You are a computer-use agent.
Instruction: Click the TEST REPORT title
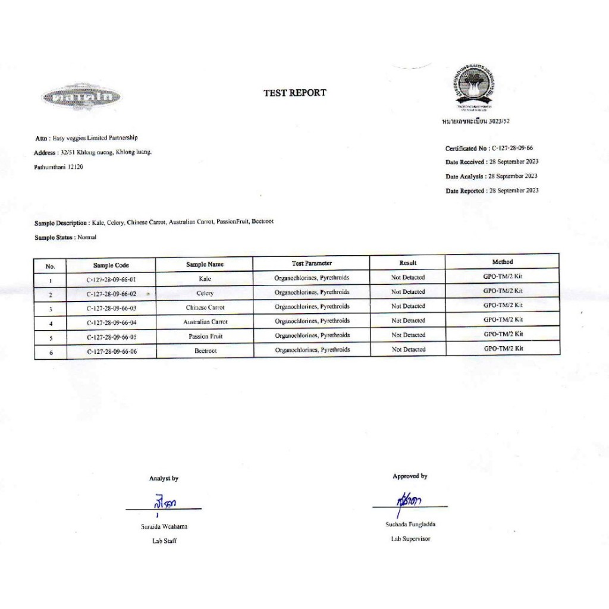click(295, 93)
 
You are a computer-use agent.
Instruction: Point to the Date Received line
click(492, 162)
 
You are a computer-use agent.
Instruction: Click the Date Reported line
click(492, 190)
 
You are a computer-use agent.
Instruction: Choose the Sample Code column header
click(111, 265)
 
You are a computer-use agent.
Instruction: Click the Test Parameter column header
click(312, 263)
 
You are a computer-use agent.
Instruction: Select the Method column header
click(502, 262)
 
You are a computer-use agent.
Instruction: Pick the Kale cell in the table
click(205, 278)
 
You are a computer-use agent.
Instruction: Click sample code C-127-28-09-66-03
click(111, 308)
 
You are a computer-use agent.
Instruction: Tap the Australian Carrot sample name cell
click(205, 322)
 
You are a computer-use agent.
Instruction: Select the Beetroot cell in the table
click(205, 351)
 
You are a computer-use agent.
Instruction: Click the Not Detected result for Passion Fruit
click(408, 335)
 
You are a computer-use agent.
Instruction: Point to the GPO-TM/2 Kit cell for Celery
click(503, 291)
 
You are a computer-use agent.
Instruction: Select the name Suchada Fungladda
click(410, 525)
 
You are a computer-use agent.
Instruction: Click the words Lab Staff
click(164, 541)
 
